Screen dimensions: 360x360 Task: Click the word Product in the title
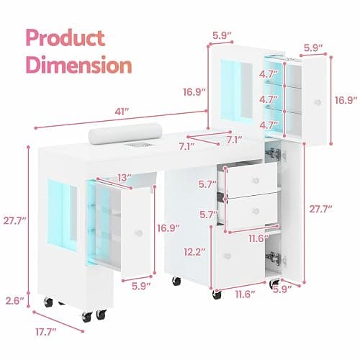(66, 37)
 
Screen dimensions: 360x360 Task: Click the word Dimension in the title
(79, 64)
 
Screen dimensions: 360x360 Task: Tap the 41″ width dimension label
(122, 112)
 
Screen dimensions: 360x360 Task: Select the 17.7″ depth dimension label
(46, 332)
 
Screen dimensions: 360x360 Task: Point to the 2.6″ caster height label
(14, 300)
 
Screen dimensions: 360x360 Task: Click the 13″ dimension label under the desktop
(125, 178)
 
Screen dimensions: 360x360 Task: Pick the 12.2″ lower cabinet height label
(195, 252)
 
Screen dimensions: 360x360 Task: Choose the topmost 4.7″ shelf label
(269, 74)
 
